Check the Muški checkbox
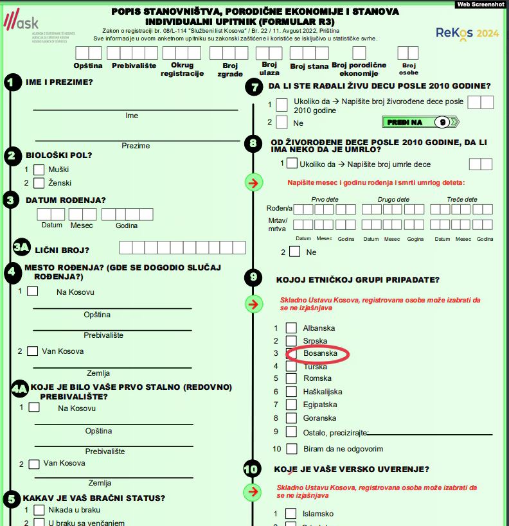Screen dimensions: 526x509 pyautogui.click(x=39, y=170)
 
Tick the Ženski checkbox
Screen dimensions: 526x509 pyautogui.click(x=39, y=183)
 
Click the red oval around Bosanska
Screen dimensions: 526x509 pyautogui.click(x=317, y=353)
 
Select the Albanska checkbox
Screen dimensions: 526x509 pyautogui.click(x=291, y=328)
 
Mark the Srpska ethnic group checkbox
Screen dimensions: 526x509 pyautogui.click(x=291, y=341)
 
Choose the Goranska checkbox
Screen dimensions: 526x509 pyautogui.click(x=291, y=418)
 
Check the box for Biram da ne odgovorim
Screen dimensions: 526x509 pyautogui.click(x=292, y=449)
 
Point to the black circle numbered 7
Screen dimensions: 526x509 pyautogui.click(x=255, y=87)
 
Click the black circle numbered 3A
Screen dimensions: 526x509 pyautogui.click(x=22, y=249)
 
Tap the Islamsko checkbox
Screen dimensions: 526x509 pyautogui.click(x=291, y=514)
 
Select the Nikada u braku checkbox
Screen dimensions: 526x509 pyautogui.click(x=39, y=510)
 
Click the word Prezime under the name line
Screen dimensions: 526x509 pyautogui.click(x=136, y=146)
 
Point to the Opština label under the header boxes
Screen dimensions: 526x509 pyautogui.click(x=88, y=66)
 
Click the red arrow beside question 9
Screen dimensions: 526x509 pyautogui.click(x=254, y=304)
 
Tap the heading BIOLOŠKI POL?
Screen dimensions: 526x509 pyautogui.click(x=58, y=155)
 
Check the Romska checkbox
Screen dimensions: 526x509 pyautogui.click(x=291, y=379)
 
